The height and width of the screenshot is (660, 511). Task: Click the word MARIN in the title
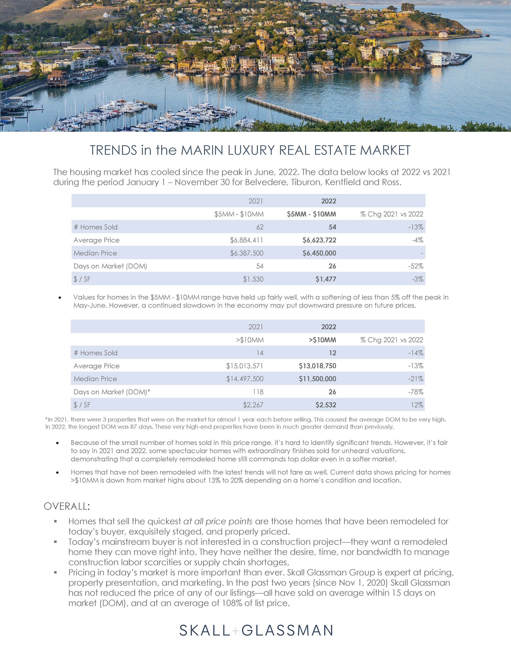click(202, 150)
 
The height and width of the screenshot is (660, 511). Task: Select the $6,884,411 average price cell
click(246, 240)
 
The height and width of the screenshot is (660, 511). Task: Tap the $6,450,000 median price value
click(319, 253)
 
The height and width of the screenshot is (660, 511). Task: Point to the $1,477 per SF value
click(325, 279)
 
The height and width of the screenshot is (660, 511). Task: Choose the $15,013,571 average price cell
click(245, 366)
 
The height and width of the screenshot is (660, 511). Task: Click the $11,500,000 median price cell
click(318, 379)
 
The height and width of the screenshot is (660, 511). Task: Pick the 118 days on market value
click(258, 392)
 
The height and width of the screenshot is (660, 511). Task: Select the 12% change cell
click(417, 405)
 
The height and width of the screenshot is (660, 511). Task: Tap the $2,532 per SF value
click(325, 405)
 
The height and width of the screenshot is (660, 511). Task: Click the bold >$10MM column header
click(322, 340)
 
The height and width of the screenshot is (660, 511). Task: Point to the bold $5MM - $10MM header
click(311, 214)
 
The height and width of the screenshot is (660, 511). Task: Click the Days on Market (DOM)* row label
click(112, 392)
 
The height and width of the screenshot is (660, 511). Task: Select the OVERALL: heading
click(67, 506)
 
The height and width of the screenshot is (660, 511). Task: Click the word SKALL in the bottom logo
click(205, 630)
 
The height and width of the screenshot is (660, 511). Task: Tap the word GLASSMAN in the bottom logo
click(287, 630)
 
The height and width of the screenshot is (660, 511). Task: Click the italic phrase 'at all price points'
click(218, 521)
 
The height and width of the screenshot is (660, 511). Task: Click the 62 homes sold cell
click(260, 227)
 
